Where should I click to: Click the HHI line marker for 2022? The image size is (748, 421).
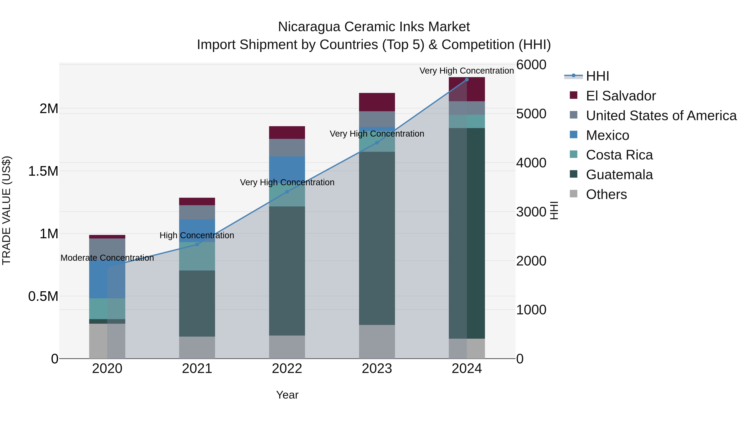point(287,192)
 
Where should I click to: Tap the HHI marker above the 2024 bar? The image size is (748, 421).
point(467,80)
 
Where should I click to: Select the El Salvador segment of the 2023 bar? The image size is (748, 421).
point(377,102)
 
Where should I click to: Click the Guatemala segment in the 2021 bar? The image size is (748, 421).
point(197,303)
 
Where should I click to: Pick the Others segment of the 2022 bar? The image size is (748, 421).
point(287,347)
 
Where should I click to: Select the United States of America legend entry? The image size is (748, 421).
point(661,116)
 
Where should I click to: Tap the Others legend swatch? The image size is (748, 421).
point(573,194)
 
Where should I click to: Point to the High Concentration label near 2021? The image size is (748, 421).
point(197,235)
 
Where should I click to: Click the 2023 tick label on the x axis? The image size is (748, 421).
point(377,369)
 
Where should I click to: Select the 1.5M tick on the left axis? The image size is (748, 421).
point(43,171)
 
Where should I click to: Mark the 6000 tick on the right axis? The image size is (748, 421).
point(531,65)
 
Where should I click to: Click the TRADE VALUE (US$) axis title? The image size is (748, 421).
point(7,210)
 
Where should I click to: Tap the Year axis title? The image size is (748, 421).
point(287,395)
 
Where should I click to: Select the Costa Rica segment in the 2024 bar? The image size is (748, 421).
point(467,121)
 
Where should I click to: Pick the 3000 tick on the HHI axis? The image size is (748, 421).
point(531,212)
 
